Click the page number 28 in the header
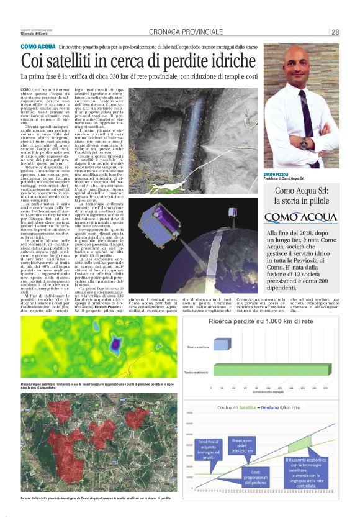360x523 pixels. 335,32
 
